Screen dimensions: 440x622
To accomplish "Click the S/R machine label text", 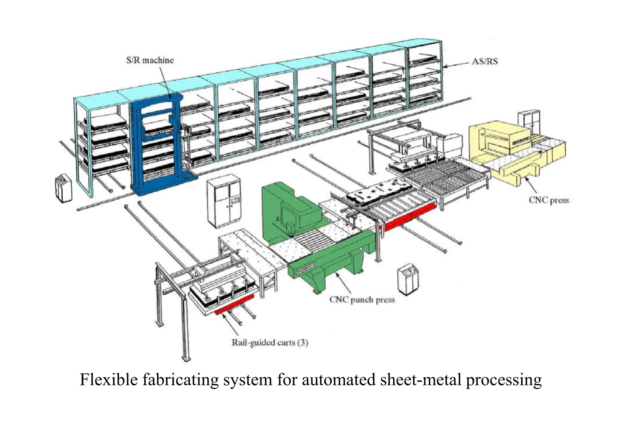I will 150,60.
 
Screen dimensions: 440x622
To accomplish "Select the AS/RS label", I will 485,61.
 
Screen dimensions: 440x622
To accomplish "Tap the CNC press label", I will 549,200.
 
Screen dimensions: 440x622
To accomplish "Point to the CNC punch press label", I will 362,300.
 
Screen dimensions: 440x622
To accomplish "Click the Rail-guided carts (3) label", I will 270,342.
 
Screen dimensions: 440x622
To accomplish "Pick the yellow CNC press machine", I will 513,152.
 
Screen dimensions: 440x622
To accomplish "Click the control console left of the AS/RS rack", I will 63,188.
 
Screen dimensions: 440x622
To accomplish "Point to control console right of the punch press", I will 408,279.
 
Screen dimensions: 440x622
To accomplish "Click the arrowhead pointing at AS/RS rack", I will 445,66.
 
